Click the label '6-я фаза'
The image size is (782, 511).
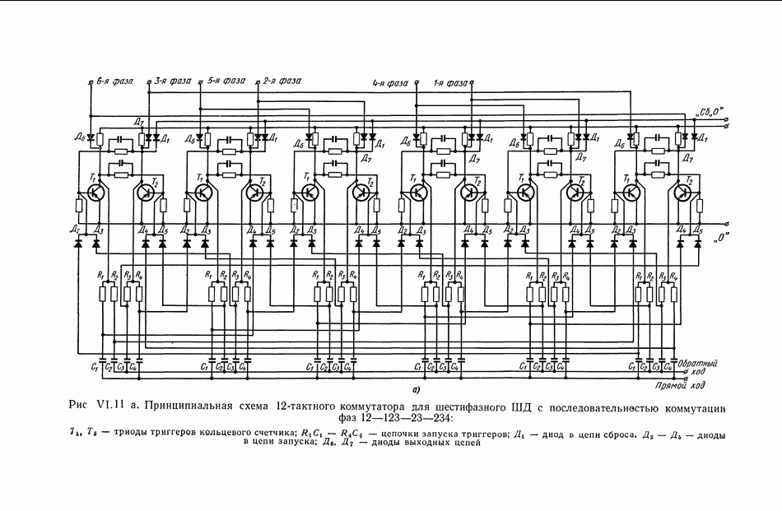click(114, 81)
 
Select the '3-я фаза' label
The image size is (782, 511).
click(172, 81)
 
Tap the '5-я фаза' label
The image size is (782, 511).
click(226, 81)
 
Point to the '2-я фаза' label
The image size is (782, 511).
click(282, 81)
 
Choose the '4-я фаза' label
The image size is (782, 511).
click(391, 83)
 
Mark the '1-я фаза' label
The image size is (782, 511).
click(451, 83)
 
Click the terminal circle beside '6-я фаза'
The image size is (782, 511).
click(90, 82)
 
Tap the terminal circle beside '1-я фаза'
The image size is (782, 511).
click(474, 82)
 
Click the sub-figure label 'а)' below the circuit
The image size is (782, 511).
click(417, 388)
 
